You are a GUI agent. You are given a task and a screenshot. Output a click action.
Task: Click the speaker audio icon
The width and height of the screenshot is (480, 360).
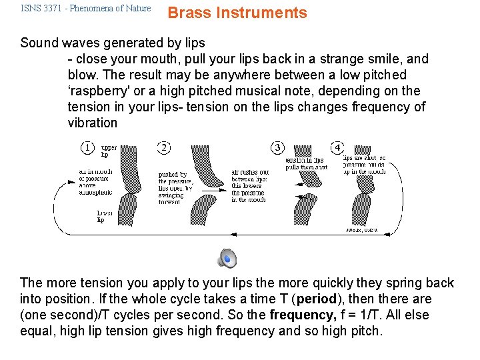click(x=227, y=257)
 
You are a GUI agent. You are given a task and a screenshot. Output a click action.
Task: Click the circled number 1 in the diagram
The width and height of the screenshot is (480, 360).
click(x=88, y=147)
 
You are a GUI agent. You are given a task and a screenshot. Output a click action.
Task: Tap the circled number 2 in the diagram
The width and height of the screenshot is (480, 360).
click(x=164, y=147)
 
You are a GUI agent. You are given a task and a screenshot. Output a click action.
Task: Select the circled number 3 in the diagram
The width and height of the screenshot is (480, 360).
click(x=277, y=147)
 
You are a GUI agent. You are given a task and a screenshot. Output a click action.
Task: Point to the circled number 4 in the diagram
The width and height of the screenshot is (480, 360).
click(x=338, y=147)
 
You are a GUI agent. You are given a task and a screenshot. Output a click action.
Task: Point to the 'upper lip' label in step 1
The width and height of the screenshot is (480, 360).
click(x=108, y=151)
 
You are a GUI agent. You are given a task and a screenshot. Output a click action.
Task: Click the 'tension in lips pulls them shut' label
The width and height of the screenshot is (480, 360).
click(x=306, y=164)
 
